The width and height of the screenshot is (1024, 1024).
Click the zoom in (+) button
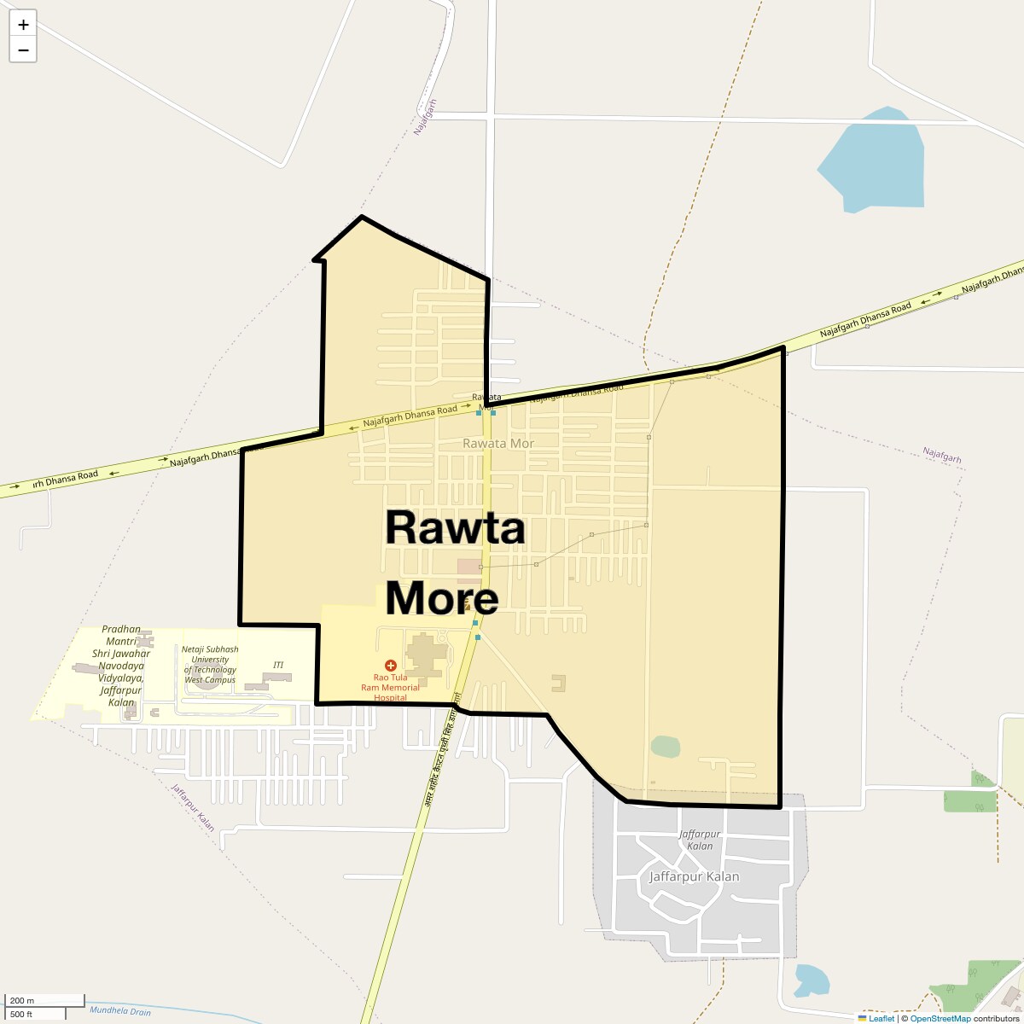coord(23,25)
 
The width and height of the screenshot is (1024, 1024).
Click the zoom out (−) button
coord(23,49)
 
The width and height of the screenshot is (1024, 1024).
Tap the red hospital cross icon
coord(391,665)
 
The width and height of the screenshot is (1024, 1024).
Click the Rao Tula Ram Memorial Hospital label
coord(397,687)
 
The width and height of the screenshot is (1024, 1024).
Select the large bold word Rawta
coord(455,527)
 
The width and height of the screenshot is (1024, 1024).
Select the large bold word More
coord(441,598)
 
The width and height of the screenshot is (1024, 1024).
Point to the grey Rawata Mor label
coord(497,444)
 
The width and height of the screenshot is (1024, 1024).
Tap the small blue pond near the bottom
coord(811,980)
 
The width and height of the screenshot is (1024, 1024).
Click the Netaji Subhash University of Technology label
coord(210,664)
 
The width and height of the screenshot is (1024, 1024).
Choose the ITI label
coord(278,665)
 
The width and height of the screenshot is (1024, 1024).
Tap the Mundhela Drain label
coord(119,1011)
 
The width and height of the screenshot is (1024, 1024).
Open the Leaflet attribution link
coord(881,1018)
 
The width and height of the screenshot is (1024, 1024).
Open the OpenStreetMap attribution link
coord(940,1018)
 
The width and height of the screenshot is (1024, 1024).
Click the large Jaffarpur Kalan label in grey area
coord(694,876)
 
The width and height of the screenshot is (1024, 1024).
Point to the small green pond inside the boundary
coord(666,747)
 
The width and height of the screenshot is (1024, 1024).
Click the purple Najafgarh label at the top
coord(425,117)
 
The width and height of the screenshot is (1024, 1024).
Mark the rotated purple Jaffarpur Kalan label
coord(193,806)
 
